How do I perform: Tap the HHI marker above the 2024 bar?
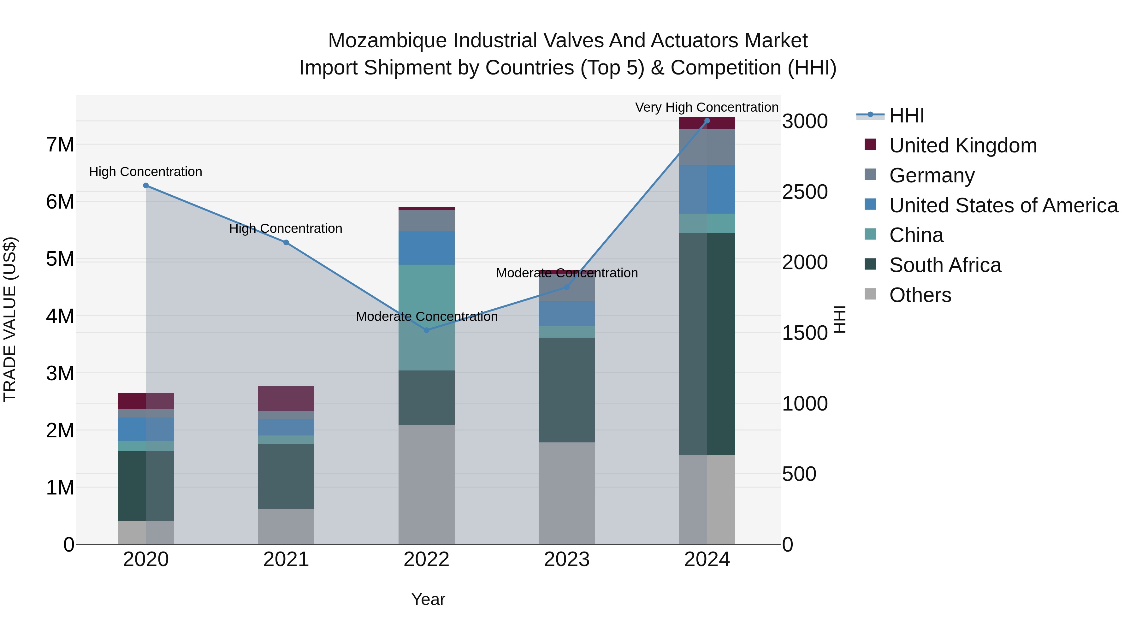coord(707,121)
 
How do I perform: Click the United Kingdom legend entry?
coord(963,145)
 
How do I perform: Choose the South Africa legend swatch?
coord(871,265)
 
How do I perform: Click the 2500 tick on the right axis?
coord(805,192)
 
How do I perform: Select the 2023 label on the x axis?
coord(567,559)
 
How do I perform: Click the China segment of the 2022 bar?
coord(426,317)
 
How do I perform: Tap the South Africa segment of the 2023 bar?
coord(567,390)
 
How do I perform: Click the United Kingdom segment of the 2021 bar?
coord(286,398)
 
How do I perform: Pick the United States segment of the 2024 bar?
coord(707,190)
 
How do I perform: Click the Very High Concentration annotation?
coord(707,107)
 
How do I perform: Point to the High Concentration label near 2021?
coord(286,228)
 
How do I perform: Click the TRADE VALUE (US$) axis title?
coord(10,319)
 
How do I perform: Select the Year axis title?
coord(428,599)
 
